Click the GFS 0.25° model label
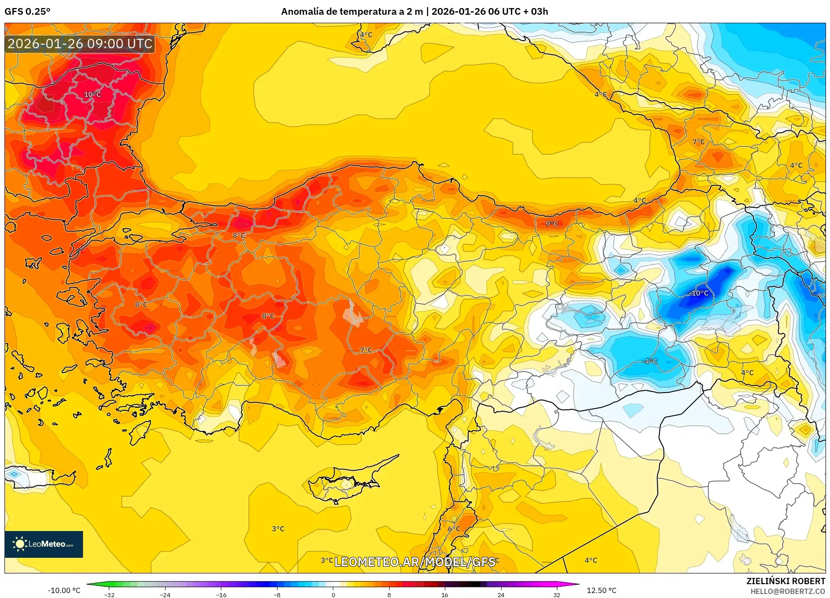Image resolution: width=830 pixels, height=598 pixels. click(27, 12)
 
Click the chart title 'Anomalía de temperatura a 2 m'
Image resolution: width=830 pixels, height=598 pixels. click(352, 12)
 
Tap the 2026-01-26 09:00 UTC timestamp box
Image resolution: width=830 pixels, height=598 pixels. click(80, 44)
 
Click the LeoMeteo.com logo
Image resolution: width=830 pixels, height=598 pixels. click(44, 544)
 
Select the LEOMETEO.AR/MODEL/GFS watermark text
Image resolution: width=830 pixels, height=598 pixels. click(415, 562)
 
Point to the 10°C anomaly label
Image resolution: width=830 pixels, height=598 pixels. click(92, 95)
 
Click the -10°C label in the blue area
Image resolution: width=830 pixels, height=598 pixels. click(698, 293)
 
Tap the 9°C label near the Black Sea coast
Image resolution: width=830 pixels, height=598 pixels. click(552, 224)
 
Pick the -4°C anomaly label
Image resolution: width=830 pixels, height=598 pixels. click(650, 361)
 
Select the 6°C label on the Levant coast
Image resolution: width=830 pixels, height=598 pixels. click(454, 529)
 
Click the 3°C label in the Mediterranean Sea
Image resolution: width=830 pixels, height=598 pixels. click(278, 529)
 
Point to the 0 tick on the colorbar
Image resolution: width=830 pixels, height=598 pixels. click(333, 594)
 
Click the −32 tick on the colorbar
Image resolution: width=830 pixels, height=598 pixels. click(109, 594)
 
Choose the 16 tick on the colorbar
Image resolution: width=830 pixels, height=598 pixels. click(444, 594)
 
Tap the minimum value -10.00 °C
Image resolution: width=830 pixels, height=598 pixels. click(64, 590)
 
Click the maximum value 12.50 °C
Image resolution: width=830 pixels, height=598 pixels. click(601, 590)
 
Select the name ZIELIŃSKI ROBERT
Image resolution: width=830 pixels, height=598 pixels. click(785, 581)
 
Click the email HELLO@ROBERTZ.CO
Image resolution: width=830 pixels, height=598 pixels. click(787, 591)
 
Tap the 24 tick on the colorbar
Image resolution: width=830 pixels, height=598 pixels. click(501, 594)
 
